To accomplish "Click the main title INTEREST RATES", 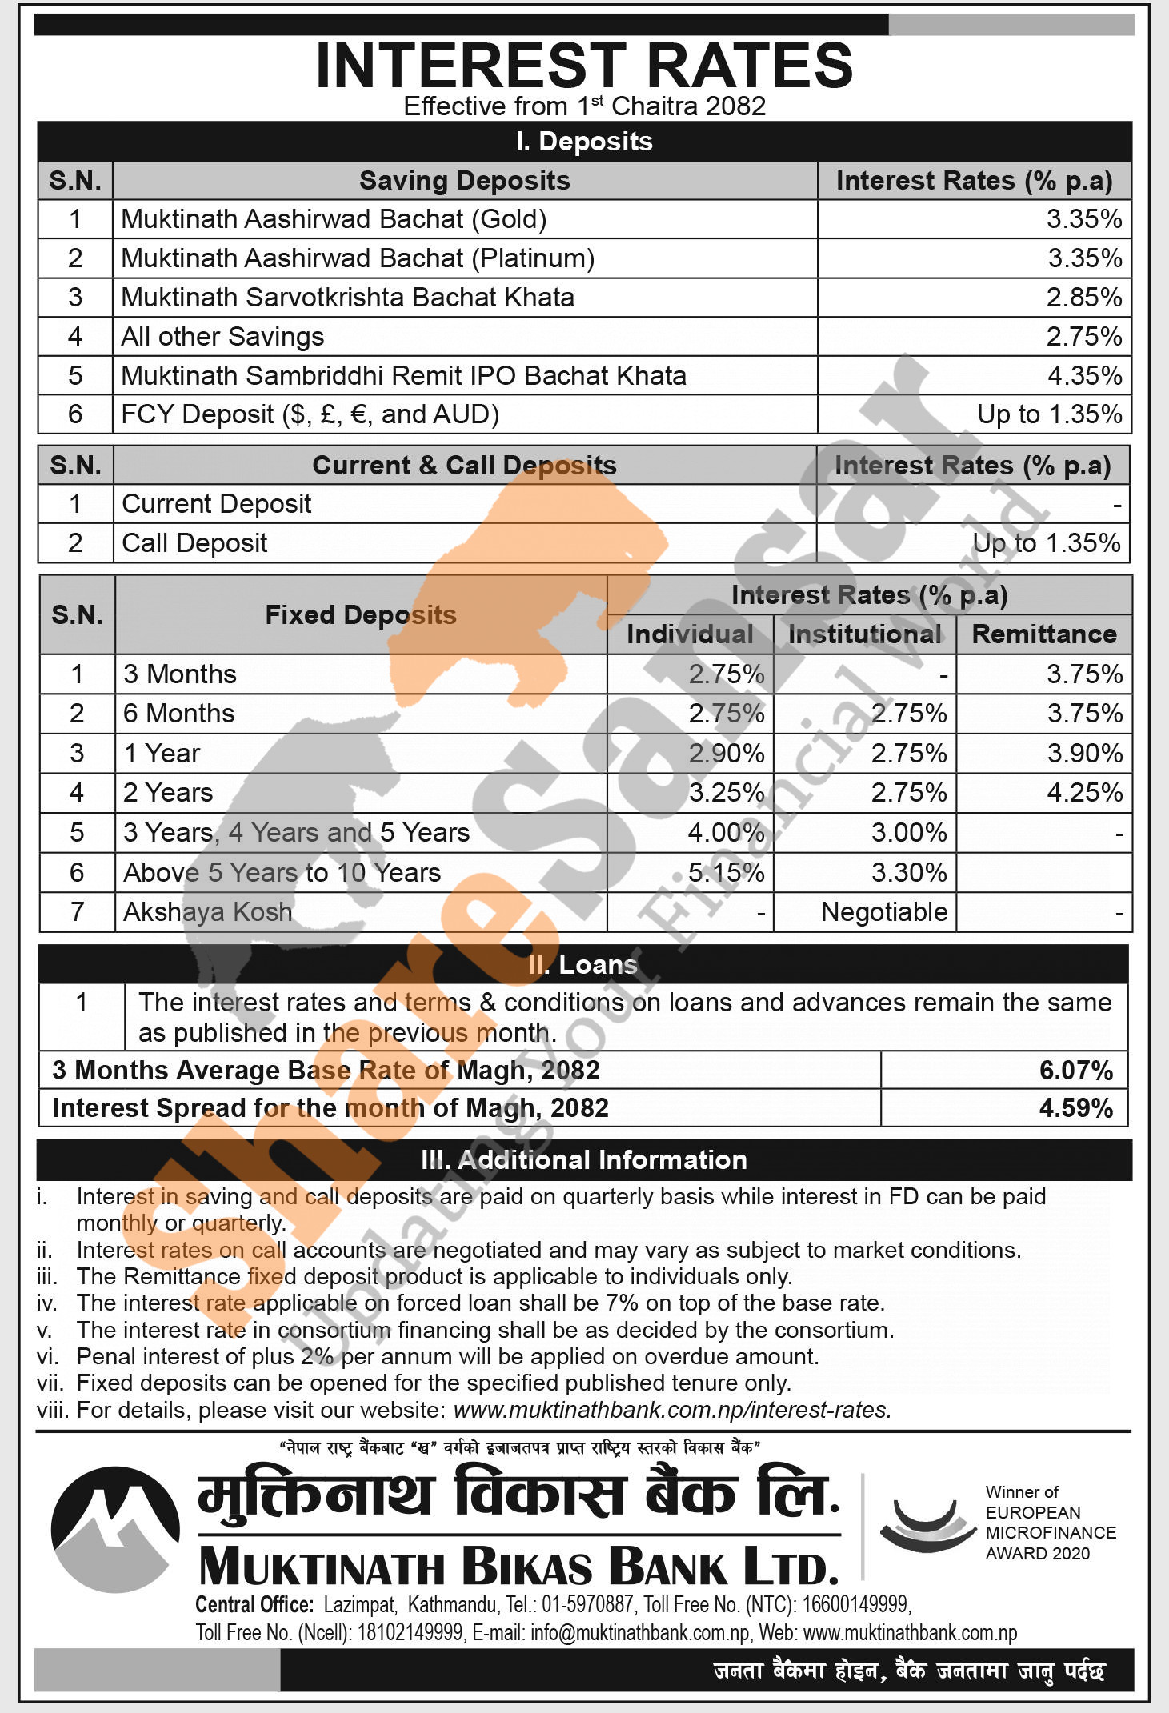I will click(584, 66).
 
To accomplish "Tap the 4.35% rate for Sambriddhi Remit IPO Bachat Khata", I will click(1084, 375).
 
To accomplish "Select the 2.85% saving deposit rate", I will click(1083, 297).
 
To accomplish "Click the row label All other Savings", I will click(222, 336).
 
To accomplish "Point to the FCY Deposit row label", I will click(310, 414).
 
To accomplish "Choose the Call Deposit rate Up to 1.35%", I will click(1046, 542).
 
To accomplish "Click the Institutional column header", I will click(864, 634).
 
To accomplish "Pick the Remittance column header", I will click(1043, 634).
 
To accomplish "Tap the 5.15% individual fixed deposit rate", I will click(726, 872).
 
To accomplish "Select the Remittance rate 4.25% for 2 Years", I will click(1084, 792).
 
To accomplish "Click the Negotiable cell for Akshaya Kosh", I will click(883, 911).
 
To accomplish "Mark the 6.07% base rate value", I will click(1075, 1070).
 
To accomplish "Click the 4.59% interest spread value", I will click(1075, 1107).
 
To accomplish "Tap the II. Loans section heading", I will click(582, 964).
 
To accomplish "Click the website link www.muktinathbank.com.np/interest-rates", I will click(672, 1409).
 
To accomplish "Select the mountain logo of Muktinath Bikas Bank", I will click(115, 1528).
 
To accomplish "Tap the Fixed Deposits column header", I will click(360, 614).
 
